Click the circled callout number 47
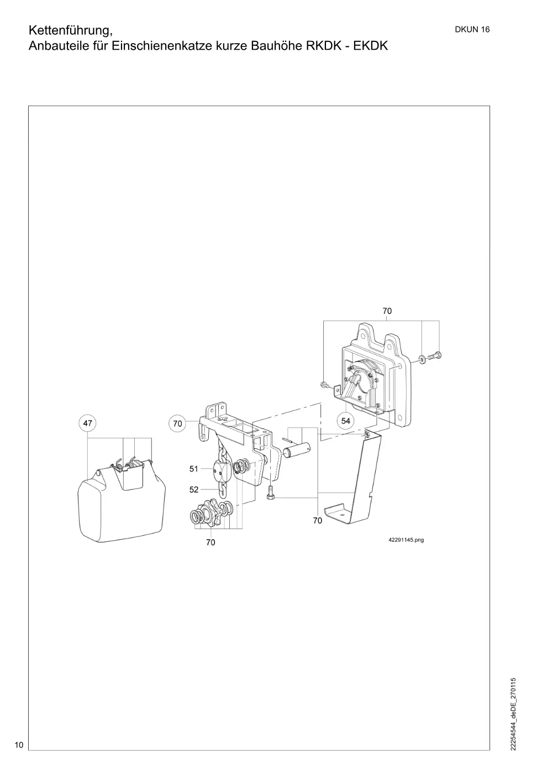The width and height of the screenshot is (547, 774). tap(88, 423)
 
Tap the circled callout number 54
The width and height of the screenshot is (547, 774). tap(346, 421)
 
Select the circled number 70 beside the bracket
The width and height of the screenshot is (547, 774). tap(177, 423)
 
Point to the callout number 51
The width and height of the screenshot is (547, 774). tap(194, 469)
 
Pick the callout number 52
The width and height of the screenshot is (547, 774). tap(194, 490)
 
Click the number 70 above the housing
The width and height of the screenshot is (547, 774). tap(387, 311)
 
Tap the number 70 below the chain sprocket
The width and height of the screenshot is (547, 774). tap(211, 542)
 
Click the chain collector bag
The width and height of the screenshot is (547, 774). tap(122, 501)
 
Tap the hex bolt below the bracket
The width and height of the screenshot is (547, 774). tap(270, 491)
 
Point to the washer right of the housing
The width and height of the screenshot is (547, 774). tap(422, 358)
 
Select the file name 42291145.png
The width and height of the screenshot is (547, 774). tap(406, 540)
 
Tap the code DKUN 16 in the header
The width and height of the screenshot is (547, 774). tap(472, 30)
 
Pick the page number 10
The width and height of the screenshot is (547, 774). tap(19, 745)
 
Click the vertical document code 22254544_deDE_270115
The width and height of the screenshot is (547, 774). tap(513, 714)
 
